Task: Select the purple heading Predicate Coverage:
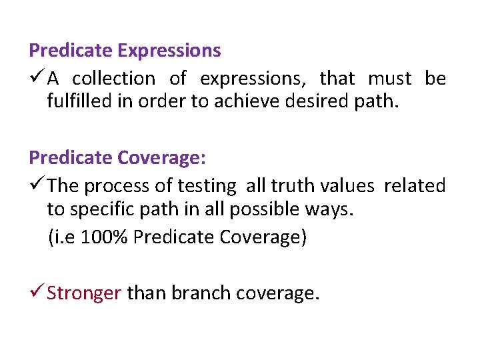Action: (x=117, y=157)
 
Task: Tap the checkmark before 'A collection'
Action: (x=37, y=78)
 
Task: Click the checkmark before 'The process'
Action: (x=37, y=185)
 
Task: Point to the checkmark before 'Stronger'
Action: (x=37, y=293)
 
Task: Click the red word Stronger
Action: (x=84, y=293)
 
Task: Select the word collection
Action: (x=113, y=79)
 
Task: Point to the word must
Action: (x=390, y=79)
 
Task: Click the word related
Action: (x=414, y=185)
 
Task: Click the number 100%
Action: (x=105, y=238)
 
